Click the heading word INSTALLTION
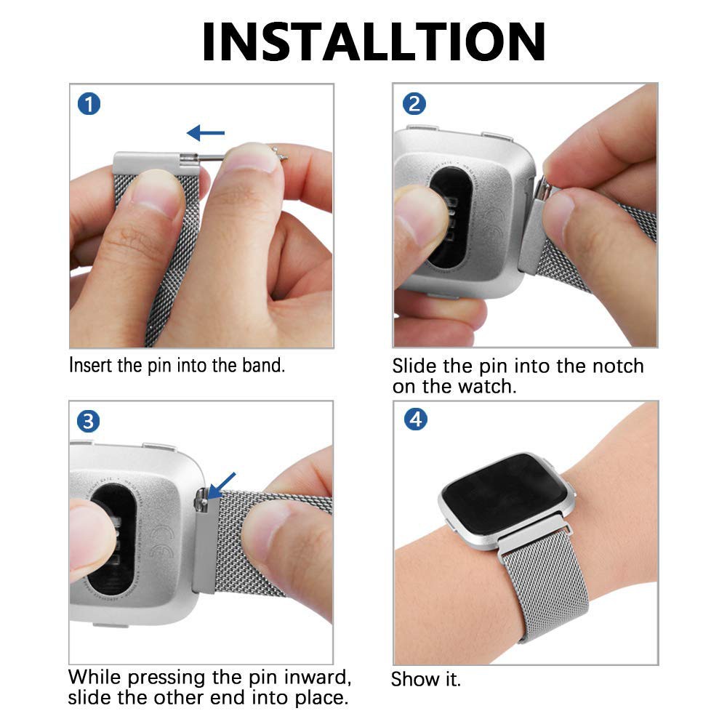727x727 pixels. pos(374,41)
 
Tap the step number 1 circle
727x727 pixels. pos(89,104)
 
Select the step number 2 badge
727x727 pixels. pos(414,103)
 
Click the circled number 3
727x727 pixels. pos(88,422)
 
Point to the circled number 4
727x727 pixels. pos(415,419)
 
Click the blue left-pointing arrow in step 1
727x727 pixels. pos(206,133)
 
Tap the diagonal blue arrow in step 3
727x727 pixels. pos(222,486)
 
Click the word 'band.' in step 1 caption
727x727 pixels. pos(263,366)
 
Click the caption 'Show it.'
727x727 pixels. pos(425,679)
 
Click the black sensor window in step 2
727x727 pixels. pos(449,218)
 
